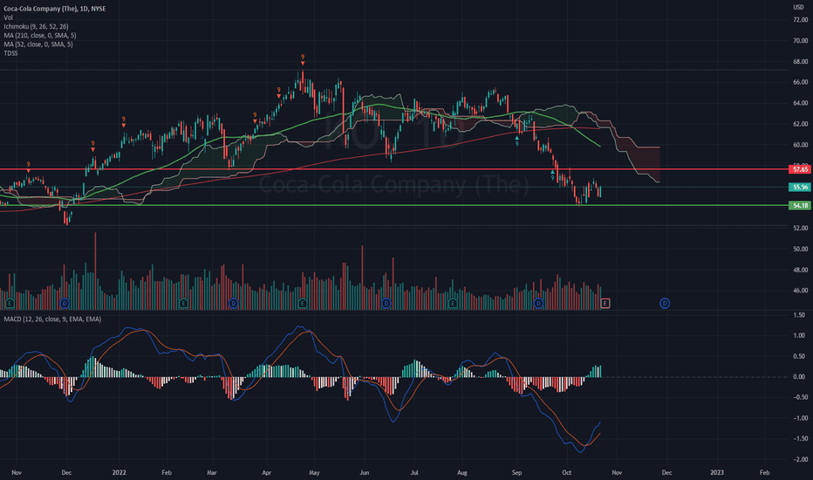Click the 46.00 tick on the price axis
(798, 291)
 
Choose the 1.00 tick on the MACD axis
(799, 335)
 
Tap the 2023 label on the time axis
(717, 471)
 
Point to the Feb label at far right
(764, 471)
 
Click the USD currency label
(797, 8)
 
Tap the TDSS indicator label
(10, 54)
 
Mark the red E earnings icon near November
(606, 303)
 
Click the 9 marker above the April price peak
(303, 58)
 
